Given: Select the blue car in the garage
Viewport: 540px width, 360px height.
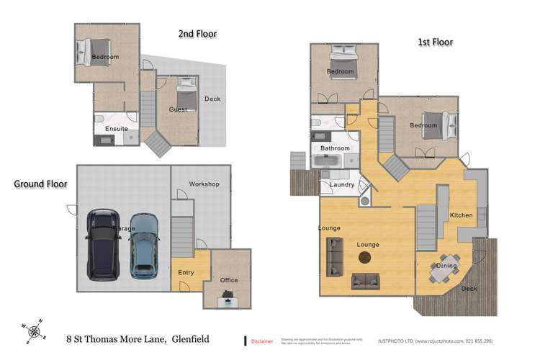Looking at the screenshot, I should coord(144,246).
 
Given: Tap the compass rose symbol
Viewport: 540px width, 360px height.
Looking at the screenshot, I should coord(34,330).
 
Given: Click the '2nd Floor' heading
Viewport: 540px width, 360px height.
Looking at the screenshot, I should coord(197,33).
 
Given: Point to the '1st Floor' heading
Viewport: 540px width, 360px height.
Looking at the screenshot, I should coord(436,42).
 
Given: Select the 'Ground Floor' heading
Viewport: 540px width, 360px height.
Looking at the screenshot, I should coord(41,184).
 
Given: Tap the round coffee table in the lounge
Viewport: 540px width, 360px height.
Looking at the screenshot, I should coord(369,257).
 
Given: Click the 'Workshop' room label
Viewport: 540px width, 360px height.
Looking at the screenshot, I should coord(204,184).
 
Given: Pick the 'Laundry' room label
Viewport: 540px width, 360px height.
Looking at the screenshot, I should coord(341,184).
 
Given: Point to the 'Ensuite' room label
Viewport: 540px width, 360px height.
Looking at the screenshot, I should coord(116,129).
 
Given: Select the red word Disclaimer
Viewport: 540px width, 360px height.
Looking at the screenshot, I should coord(262,341).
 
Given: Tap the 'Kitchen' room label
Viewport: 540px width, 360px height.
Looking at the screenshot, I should coord(461,215).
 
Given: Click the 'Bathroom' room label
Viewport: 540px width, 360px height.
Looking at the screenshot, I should coord(335,148).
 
